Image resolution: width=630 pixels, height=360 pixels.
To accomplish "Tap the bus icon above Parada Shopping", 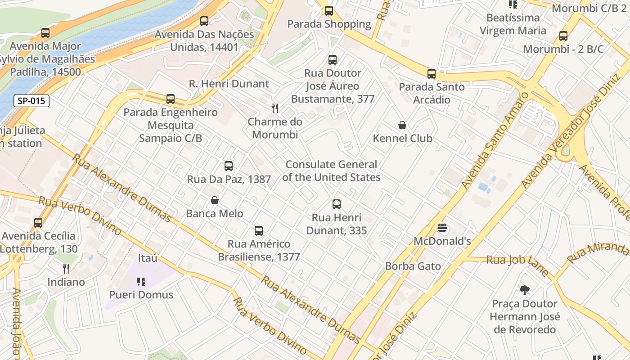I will pyautogui.click(x=329, y=11).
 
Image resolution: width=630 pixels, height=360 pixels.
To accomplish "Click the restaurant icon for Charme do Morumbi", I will pyautogui.click(x=275, y=108).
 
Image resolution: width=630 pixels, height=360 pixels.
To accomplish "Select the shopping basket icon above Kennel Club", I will pyautogui.click(x=402, y=125).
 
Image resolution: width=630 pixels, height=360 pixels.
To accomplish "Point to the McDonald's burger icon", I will pyautogui.click(x=442, y=228).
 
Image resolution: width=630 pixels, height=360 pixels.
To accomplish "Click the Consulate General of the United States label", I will pyautogui.click(x=331, y=171).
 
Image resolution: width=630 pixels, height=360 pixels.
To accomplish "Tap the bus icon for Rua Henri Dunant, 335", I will pyautogui.click(x=337, y=204).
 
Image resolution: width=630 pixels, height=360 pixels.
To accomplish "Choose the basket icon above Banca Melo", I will pyautogui.click(x=215, y=200).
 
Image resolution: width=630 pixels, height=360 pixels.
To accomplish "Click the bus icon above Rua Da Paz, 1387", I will pyautogui.click(x=229, y=166).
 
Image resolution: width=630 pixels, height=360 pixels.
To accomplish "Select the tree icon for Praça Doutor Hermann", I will pyautogui.click(x=525, y=290).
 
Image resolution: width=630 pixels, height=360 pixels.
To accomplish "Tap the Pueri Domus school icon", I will pyautogui.click(x=141, y=282).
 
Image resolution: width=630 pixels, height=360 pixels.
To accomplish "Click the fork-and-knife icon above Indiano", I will pyautogui.click(x=66, y=269).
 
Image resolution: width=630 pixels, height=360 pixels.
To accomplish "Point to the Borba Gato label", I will pyautogui.click(x=413, y=266).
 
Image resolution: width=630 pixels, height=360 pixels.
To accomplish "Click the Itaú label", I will pyautogui.click(x=148, y=258).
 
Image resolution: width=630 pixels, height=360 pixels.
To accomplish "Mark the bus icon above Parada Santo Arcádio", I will pyautogui.click(x=432, y=74).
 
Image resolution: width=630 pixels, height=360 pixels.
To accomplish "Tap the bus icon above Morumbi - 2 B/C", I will pyautogui.click(x=563, y=36).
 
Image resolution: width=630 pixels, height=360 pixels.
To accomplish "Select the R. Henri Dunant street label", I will pyautogui.click(x=229, y=84).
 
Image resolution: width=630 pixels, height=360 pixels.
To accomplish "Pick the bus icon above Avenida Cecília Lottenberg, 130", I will pyautogui.click(x=38, y=222).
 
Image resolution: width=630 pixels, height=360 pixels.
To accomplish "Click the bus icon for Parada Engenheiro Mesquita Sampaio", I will pyautogui.click(x=171, y=99).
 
